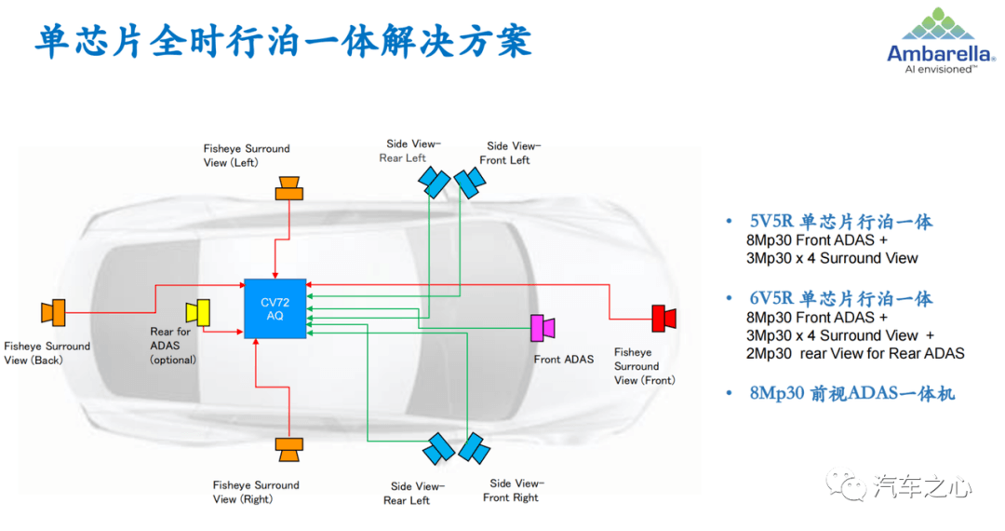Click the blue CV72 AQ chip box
click(x=275, y=308)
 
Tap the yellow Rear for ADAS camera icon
click(x=198, y=312)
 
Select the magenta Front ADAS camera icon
click(x=543, y=328)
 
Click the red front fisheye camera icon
click(x=663, y=318)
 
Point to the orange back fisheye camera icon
click(x=53, y=312)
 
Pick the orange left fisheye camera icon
click(x=289, y=188)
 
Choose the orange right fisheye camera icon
click(x=289, y=450)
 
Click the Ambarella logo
click(x=941, y=41)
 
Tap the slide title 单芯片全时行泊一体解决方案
click(x=283, y=42)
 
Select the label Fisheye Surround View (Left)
click(x=247, y=156)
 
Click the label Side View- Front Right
click(x=514, y=491)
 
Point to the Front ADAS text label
click(x=564, y=360)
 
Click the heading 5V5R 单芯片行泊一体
click(x=841, y=222)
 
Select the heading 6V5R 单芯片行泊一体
click(x=841, y=299)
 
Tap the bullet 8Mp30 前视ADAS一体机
click(x=851, y=393)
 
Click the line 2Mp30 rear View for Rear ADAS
click(x=855, y=353)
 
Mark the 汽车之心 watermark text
click(x=921, y=487)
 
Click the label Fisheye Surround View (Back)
click(x=47, y=353)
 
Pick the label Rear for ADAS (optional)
click(x=173, y=346)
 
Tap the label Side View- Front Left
click(x=510, y=154)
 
